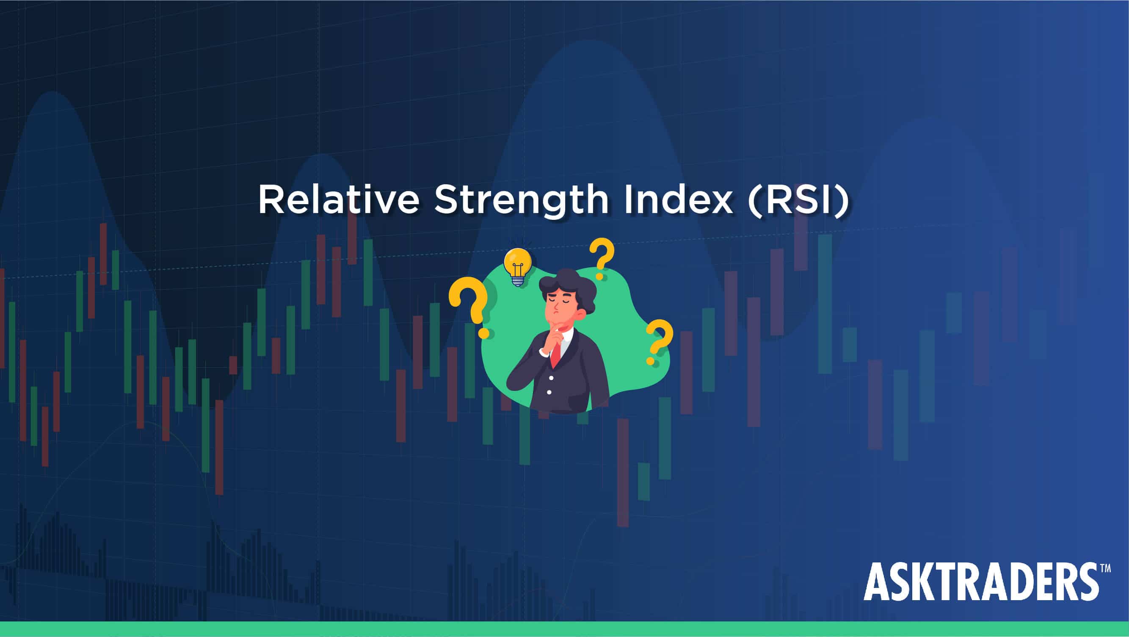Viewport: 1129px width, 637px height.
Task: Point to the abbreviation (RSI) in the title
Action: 799,200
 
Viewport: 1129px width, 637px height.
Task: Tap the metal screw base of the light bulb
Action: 518,281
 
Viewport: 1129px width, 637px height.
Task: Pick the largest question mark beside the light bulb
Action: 469,307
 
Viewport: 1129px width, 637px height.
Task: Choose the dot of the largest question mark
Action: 483,333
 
